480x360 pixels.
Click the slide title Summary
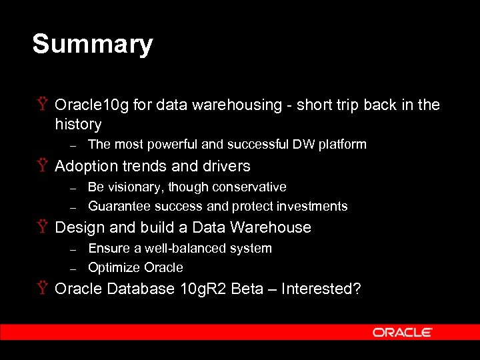[93, 45]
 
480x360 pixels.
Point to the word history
[78, 125]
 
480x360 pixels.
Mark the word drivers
[224, 166]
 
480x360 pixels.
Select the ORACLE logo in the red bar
[403, 332]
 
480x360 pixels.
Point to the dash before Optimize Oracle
[75, 268]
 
